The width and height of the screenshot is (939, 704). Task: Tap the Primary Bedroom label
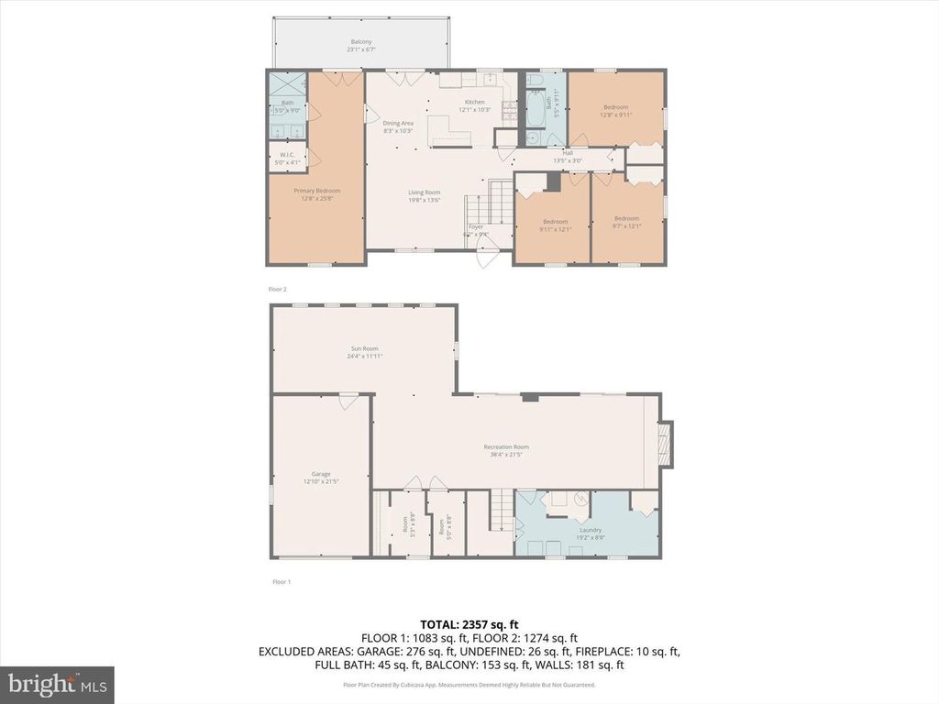(x=317, y=191)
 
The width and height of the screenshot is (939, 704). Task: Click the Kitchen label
(x=474, y=102)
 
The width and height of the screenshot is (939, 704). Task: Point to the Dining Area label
(x=398, y=123)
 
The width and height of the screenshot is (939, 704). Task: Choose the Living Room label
(x=425, y=192)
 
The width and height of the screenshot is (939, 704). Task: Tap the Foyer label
(x=476, y=226)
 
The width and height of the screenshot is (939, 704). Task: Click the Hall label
(x=568, y=153)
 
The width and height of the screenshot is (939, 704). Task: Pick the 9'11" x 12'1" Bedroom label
(x=555, y=221)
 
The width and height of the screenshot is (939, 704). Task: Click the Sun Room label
(x=364, y=348)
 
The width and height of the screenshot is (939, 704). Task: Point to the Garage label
(x=321, y=474)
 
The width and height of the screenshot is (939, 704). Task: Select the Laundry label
(x=589, y=530)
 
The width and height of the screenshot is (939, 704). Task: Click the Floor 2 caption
(x=278, y=289)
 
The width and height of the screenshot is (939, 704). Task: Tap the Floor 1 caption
(x=282, y=582)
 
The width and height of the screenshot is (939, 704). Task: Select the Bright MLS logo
(x=57, y=684)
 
